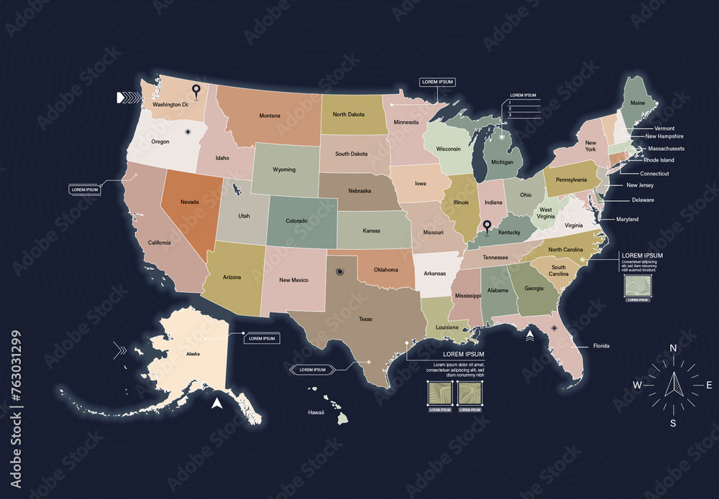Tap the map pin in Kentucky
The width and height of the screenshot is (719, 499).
click(x=486, y=228)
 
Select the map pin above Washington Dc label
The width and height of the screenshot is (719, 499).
click(x=196, y=90)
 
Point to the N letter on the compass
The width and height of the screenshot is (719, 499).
click(x=673, y=348)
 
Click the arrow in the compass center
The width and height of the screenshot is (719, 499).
click(x=674, y=385)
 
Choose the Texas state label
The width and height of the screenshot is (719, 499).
click(x=366, y=319)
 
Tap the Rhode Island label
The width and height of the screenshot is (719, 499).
click(x=659, y=160)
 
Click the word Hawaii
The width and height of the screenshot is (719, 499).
click(x=316, y=413)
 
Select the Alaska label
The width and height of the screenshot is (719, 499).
click(x=193, y=354)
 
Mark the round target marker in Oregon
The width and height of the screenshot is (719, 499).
click(x=188, y=131)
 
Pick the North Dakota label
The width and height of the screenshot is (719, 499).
click(x=349, y=114)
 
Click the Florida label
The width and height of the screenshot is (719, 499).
click(x=601, y=346)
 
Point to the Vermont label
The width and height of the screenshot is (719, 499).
click(x=664, y=128)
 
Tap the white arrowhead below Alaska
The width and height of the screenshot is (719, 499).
click(x=216, y=403)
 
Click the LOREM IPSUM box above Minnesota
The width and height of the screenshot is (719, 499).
click(x=437, y=83)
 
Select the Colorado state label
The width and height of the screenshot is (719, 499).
click(x=296, y=221)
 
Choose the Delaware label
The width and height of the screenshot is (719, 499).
click(x=643, y=200)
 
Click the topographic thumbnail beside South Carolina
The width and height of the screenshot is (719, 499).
click(x=638, y=285)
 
